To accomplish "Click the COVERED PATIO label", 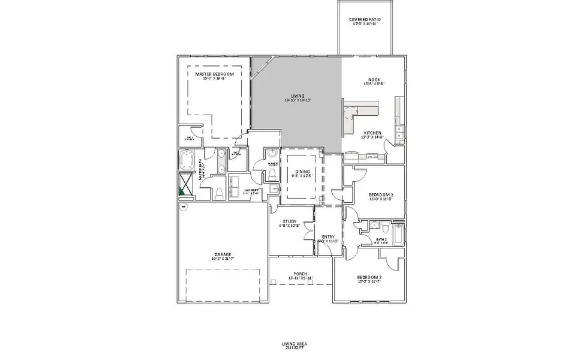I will [365, 20].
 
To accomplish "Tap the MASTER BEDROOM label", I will [214, 74].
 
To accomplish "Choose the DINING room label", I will [302, 172].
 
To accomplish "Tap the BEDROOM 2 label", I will [380, 196].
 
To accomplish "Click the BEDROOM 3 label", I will [369, 278].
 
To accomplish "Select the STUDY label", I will [290, 222].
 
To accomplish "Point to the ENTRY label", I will [328, 237].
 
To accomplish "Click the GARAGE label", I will [223, 254].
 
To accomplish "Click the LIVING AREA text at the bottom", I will [294, 344].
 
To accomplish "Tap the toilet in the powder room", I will [271, 174].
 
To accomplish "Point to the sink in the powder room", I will [270, 154].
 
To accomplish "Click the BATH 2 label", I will [381, 239].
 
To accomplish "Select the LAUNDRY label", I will [235, 191].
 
